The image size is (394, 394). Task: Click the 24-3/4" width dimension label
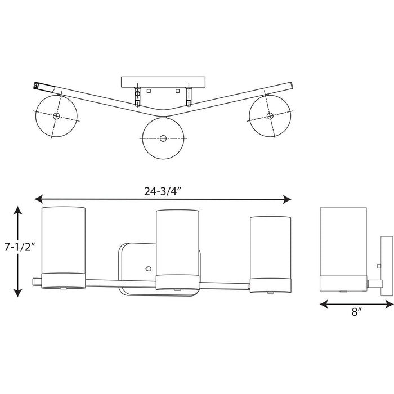[x=163, y=190]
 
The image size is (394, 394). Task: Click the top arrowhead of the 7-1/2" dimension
[x=18, y=211]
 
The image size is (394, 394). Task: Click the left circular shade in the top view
[x=56, y=115]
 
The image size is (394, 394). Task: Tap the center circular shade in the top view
[x=163, y=138]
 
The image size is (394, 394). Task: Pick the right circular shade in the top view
[x=270, y=116]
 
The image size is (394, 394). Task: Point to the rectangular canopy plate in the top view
[x=163, y=82]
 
